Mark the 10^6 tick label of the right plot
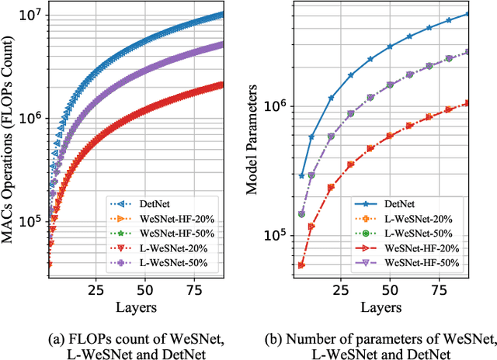point(277,106)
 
